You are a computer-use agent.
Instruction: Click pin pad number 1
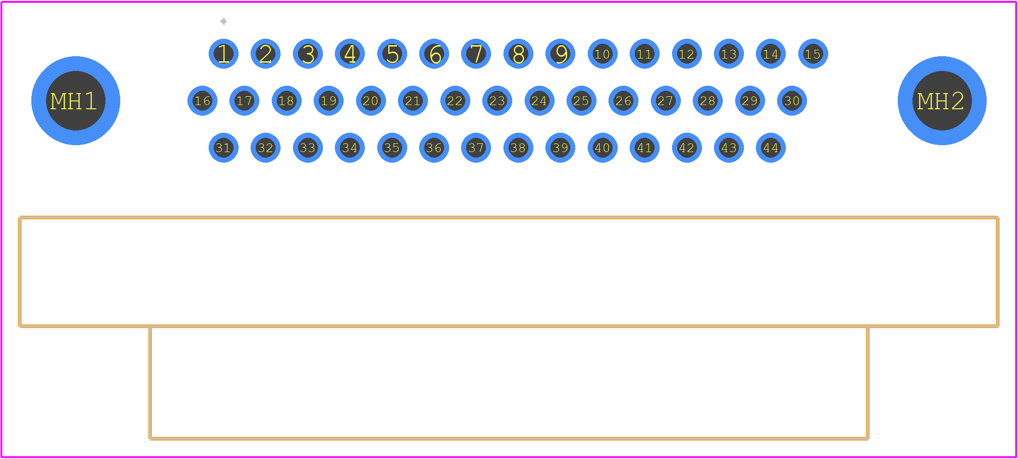pos(223,54)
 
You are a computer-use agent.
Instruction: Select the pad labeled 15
pos(813,54)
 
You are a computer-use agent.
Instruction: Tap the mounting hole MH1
pos(76,101)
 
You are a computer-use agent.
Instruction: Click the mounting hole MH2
pos(942,101)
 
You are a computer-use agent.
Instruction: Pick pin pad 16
pos(202,101)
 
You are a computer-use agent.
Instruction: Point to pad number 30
pos(792,101)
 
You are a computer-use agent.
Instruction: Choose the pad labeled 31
pos(223,148)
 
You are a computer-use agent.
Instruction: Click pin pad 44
pos(771,148)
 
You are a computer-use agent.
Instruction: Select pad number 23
pos(497,101)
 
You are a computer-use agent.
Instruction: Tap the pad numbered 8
pos(518,54)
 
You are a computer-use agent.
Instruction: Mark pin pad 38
pos(518,148)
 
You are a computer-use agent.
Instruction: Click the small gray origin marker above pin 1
pos(223,22)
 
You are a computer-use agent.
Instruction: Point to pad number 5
pos(392,54)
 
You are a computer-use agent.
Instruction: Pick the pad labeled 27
pos(666,101)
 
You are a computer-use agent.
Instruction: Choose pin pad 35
pos(392,148)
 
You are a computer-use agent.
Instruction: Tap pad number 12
pos(687,54)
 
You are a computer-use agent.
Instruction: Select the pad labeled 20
pos(371,101)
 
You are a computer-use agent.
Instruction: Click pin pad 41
pos(644,148)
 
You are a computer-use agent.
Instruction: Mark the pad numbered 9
pos(560,54)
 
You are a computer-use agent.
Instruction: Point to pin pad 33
pos(308,148)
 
